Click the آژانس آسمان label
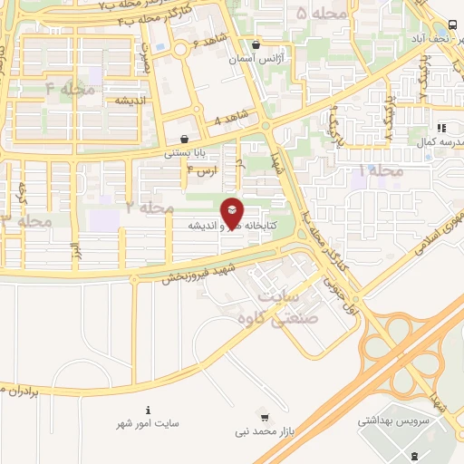click(251, 58)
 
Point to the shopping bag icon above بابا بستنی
click(185, 140)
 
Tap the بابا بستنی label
click(185, 153)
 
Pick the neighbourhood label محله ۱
click(379, 169)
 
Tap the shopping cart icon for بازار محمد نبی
click(264, 418)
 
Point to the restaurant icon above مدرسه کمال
click(442, 129)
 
